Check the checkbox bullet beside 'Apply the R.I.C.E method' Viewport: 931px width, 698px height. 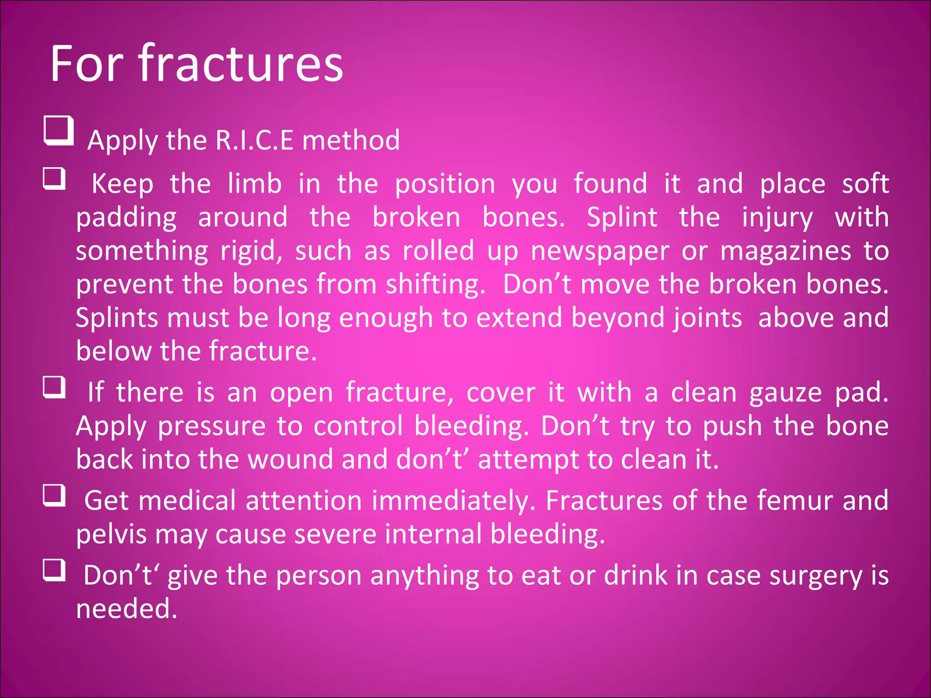pyautogui.click(x=59, y=131)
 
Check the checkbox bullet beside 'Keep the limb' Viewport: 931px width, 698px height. pyautogui.click(x=55, y=179)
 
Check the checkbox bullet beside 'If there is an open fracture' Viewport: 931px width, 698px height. pyautogui.click(x=55, y=387)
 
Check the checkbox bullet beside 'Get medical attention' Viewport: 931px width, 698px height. pyautogui.click(x=55, y=495)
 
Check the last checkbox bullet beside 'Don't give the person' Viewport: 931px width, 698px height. pyautogui.click(x=55, y=570)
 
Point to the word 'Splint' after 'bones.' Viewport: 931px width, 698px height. pyautogui.click(x=621, y=217)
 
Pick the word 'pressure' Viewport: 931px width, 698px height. pyautogui.click(x=211, y=427)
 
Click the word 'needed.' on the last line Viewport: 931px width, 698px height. pyautogui.click(x=126, y=609)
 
